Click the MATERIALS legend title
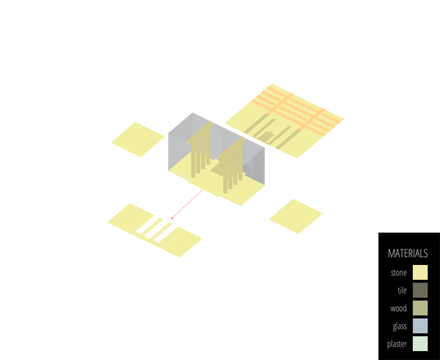(408, 253)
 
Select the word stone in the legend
(399, 273)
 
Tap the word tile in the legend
(402, 290)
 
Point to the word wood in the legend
(399, 308)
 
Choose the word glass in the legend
(400, 326)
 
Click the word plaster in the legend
(397, 345)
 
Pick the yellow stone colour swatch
(420, 273)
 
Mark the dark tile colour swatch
(420, 290)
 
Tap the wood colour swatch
(420, 308)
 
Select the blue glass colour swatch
(420, 326)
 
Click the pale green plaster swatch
(420, 344)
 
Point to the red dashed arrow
(185, 206)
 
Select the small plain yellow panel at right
(295, 215)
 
